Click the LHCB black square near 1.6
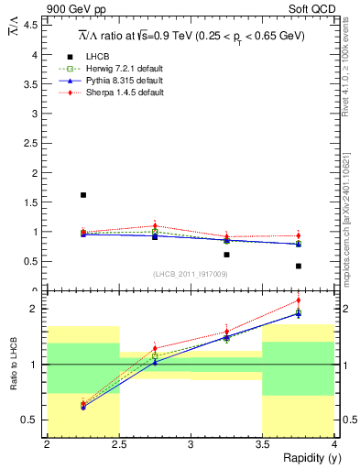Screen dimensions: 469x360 coord(83,195)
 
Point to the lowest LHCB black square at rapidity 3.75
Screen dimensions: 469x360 coord(299,266)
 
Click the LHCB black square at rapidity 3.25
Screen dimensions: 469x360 coord(226,254)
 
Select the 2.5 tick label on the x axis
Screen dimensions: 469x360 coord(118,444)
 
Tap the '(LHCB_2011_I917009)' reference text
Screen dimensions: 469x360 coord(191,274)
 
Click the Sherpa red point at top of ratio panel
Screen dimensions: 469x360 coord(299,300)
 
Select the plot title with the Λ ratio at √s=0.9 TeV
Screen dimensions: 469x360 coord(191,36)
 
